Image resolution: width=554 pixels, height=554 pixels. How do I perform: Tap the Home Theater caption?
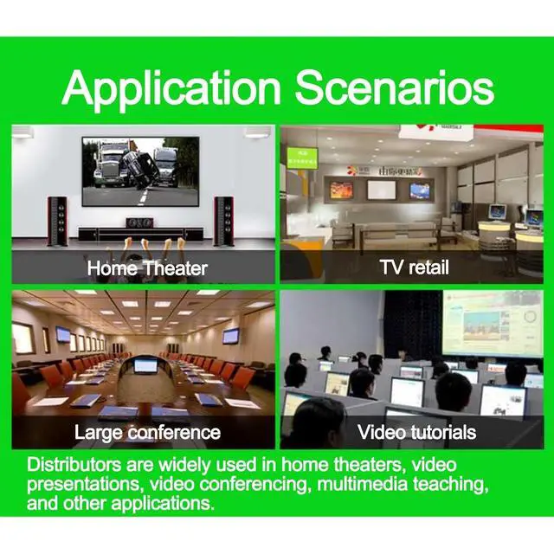pyautogui.click(x=147, y=268)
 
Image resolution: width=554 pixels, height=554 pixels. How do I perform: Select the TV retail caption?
pyautogui.click(x=415, y=267)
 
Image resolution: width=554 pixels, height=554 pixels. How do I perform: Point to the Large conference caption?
pyautogui.click(x=147, y=433)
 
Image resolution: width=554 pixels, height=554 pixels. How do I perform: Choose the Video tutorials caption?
pyautogui.click(x=416, y=432)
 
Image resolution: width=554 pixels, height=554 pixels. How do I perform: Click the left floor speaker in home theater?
pyautogui.click(x=58, y=222)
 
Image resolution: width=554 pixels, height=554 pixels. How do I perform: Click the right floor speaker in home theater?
pyautogui.click(x=223, y=222)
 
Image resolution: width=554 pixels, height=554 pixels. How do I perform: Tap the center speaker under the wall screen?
pyautogui.click(x=140, y=223)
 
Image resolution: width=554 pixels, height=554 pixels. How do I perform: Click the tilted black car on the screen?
pyautogui.click(x=140, y=168)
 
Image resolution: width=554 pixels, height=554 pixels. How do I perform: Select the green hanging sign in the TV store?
pyautogui.click(x=302, y=158)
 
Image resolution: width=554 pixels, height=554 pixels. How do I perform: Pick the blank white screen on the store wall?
pyautogui.click(x=382, y=190)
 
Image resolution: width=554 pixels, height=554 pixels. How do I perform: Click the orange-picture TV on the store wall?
pyautogui.click(x=341, y=190)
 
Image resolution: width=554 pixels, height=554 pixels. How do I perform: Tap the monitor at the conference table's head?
pyautogui.click(x=145, y=365)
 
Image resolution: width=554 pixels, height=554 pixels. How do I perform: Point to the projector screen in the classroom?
pyautogui.click(x=493, y=323)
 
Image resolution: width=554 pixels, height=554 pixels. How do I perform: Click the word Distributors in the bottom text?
pyautogui.click(x=74, y=464)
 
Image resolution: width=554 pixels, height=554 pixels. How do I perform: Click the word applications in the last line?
pyautogui.click(x=163, y=503)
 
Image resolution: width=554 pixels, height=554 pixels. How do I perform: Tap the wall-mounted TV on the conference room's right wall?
pyautogui.click(x=231, y=336)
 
